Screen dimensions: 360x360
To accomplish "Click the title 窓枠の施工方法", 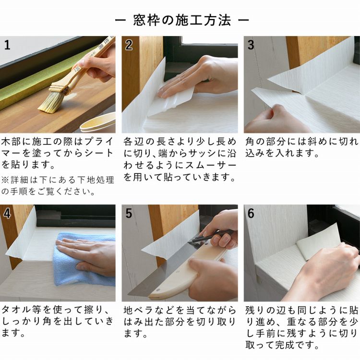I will click(180, 21).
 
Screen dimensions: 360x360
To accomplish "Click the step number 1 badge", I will click(7, 45).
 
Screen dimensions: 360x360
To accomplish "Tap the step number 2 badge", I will click(129, 45).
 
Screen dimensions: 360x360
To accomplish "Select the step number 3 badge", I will click(251, 45).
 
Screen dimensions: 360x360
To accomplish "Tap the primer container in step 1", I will click(98, 123).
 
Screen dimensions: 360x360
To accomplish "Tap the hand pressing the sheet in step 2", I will click(192, 79).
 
